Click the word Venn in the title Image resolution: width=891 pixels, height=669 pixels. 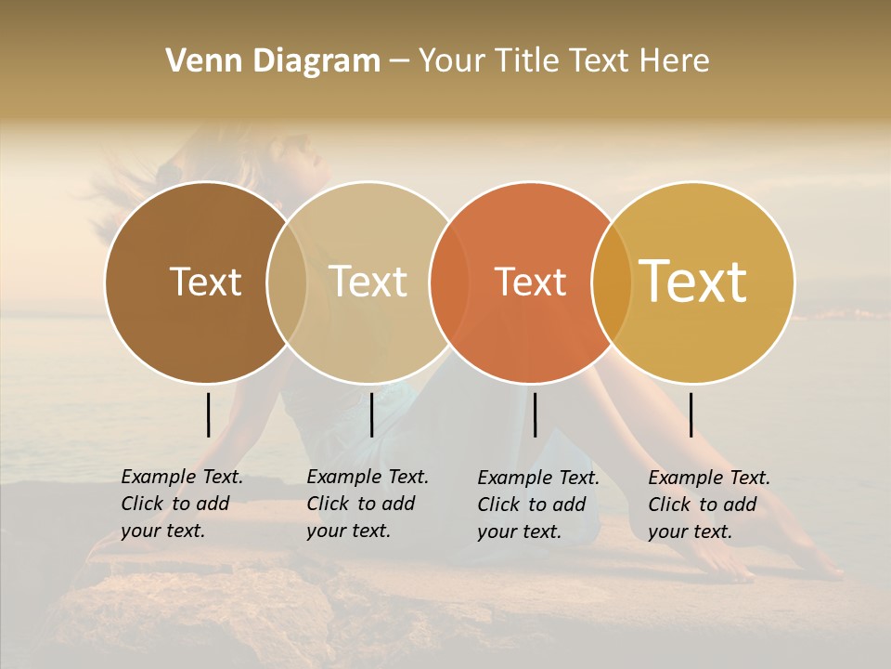pos(199,61)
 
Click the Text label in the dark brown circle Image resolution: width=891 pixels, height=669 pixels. pos(205,282)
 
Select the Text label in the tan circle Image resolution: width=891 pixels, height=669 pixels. pos(368,282)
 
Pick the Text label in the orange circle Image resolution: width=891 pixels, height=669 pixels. pos(530,282)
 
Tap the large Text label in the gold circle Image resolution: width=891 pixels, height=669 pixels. pos(693,282)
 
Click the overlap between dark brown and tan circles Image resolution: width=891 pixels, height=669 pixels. pos(287,282)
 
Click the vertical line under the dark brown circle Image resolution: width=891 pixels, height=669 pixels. pos(209,414)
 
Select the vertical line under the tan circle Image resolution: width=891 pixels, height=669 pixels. pos(371,414)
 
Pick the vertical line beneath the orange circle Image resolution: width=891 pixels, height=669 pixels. pos(535,414)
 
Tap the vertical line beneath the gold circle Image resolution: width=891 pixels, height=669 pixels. pos(691,414)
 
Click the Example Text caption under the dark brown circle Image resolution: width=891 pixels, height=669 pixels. pos(182,504)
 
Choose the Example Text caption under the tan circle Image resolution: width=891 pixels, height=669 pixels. pos(368,504)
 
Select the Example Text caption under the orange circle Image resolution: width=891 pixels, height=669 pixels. pos(538,505)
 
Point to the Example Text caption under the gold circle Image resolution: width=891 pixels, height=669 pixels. pos(709,505)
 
